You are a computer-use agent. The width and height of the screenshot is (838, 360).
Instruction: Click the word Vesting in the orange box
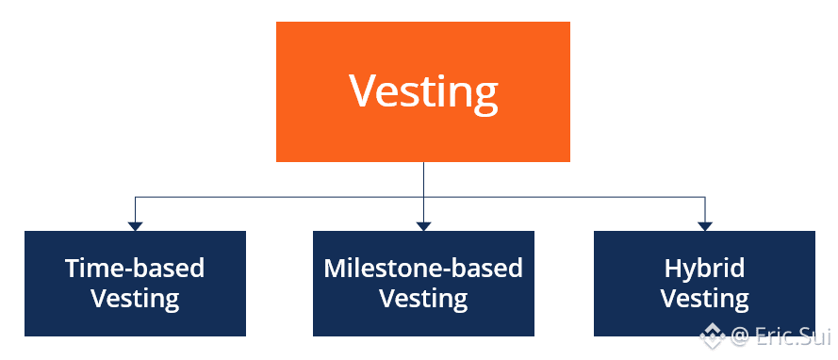[x=423, y=91]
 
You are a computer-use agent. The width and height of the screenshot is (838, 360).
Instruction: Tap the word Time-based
[x=135, y=268]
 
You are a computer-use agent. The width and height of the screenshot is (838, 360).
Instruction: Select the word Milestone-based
[x=423, y=268]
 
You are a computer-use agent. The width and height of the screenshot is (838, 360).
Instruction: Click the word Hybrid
[x=704, y=270]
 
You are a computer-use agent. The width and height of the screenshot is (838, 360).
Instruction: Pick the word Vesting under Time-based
[x=135, y=299]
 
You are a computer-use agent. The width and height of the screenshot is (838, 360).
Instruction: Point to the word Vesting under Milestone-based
[x=423, y=299]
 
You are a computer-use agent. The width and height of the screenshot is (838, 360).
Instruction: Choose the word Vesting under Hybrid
[x=704, y=299]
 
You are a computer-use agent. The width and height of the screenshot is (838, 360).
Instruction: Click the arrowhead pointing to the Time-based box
[x=135, y=226]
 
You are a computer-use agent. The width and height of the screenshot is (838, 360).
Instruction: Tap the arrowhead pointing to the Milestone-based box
[x=424, y=226]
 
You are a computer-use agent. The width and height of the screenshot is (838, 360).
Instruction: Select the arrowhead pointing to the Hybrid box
[x=705, y=226]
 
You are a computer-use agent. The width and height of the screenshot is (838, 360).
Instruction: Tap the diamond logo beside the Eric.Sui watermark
[x=713, y=335]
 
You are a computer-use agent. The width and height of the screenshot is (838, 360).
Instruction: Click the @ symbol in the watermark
[x=740, y=337]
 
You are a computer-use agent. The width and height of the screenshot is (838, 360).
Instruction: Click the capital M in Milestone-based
[x=335, y=269]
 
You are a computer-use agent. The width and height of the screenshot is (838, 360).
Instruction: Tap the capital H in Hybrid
[x=673, y=269]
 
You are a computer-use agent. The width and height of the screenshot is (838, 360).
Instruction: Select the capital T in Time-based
[x=74, y=269]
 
